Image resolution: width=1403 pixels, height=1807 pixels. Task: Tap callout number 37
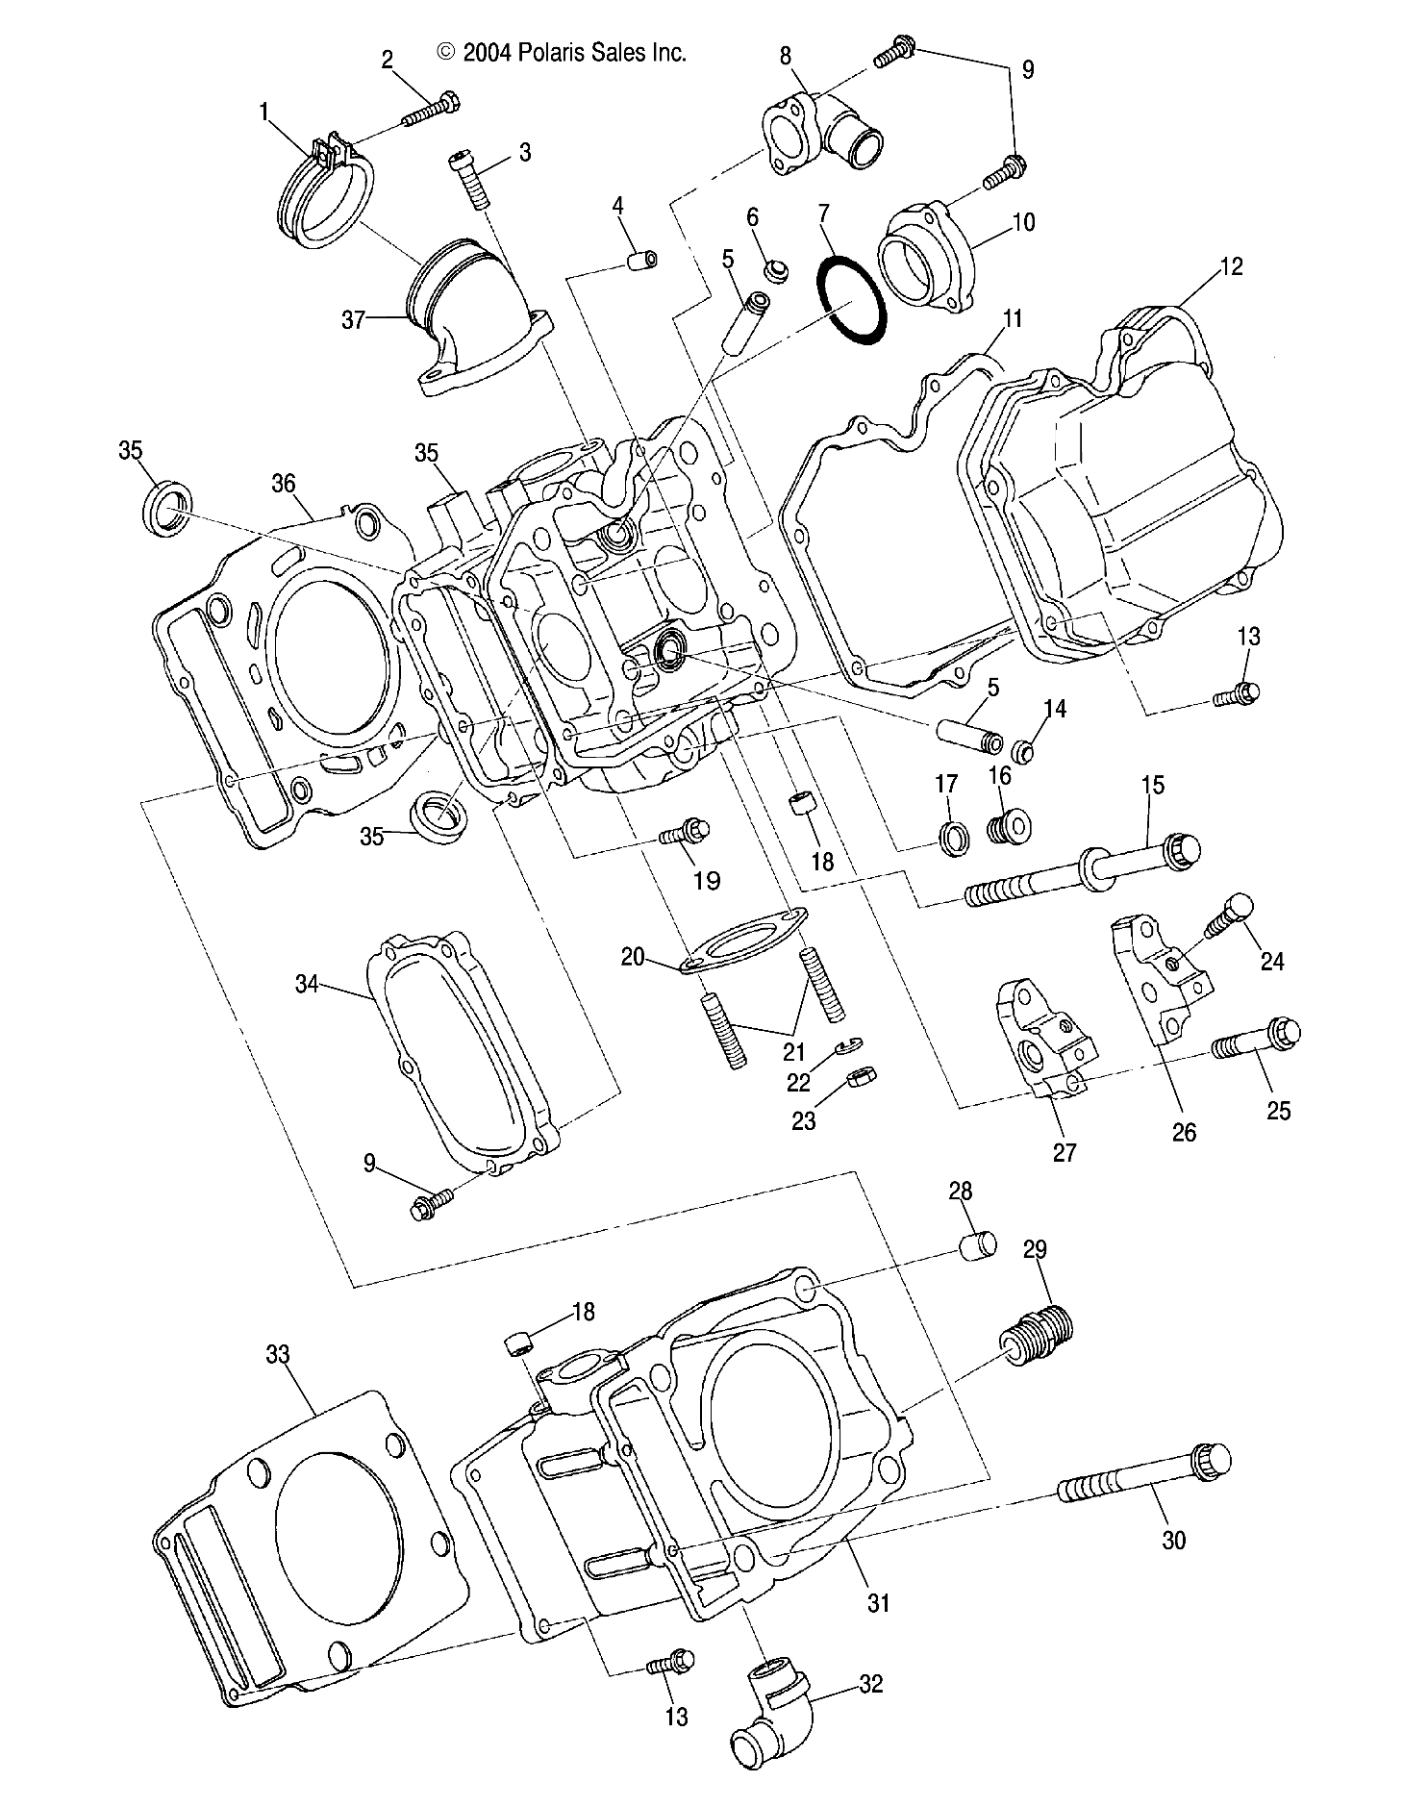(354, 318)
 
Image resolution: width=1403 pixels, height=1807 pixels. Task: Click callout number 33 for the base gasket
(278, 1354)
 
